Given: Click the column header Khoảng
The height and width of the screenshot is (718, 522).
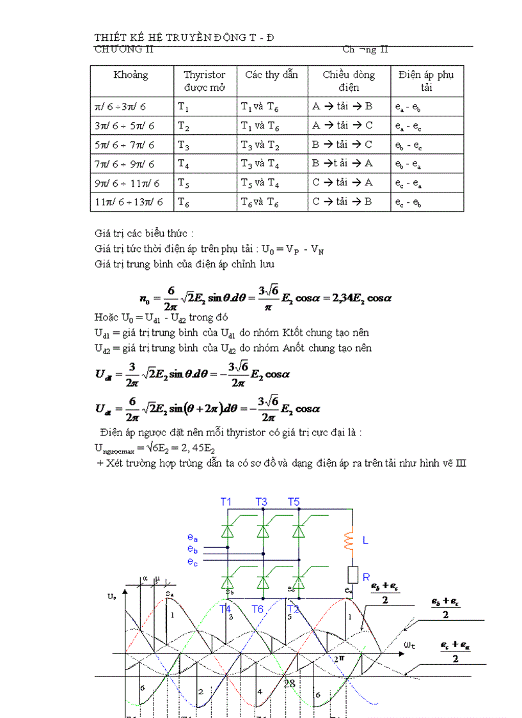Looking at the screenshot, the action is [130, 75].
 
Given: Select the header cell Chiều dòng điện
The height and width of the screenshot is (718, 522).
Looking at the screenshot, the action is [349, 81].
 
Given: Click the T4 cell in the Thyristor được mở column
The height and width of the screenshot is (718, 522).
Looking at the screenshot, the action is [184, 164].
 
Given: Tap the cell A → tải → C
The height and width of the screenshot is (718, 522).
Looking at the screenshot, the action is [342, 125].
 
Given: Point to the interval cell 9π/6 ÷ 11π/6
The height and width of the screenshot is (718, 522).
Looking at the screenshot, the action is [127, 183].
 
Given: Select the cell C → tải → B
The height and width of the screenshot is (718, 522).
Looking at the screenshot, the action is [342, 203].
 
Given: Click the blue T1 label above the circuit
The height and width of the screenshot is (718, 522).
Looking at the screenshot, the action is [226, 503].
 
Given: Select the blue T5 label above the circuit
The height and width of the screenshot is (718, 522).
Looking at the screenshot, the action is [294, 503].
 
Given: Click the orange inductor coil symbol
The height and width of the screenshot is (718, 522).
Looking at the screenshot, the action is [349, 541].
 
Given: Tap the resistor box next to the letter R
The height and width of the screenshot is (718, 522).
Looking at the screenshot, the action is [351, 574].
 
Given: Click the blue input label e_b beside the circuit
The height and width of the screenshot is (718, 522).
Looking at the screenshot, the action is [193, 549].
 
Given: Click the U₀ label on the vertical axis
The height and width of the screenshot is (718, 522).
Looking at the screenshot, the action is [112, 597].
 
